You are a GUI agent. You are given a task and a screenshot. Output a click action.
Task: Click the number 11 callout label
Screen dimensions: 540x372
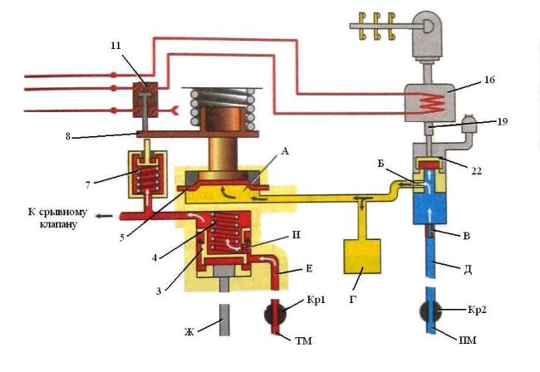116,46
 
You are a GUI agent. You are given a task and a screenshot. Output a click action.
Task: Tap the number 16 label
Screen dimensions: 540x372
489,80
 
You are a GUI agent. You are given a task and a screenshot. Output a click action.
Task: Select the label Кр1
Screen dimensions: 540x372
316,300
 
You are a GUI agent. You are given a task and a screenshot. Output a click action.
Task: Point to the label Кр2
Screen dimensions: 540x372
477,310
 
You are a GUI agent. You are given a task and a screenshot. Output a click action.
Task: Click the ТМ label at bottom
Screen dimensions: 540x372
303,340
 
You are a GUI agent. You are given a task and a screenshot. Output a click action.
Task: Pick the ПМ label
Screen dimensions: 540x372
468,340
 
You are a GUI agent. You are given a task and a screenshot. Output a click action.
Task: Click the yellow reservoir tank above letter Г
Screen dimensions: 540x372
362,257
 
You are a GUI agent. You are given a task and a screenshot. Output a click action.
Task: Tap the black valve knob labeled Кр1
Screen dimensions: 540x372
275,314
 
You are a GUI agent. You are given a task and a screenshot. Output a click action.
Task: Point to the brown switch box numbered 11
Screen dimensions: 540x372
145,100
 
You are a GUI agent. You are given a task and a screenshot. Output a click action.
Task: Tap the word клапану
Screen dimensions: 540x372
58,224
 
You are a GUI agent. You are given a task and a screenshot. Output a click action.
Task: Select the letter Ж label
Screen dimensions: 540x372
189,332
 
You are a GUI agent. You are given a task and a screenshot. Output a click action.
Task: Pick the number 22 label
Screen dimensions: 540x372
476,170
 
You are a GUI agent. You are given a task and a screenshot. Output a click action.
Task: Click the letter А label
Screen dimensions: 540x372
285,151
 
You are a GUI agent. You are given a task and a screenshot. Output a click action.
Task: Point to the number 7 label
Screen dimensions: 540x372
88,185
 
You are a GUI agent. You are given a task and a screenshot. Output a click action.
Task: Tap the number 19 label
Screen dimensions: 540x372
503,121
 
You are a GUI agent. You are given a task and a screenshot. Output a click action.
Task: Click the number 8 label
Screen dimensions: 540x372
68,137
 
